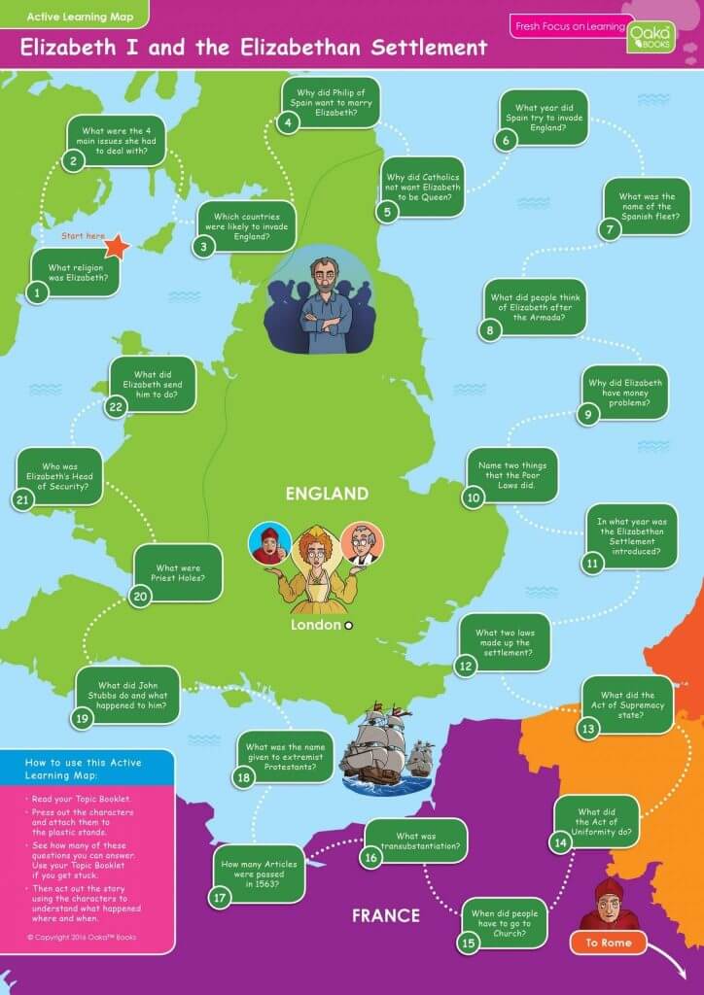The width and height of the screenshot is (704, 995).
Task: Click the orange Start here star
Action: [x=117, y=246]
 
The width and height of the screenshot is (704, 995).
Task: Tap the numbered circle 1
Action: [x=37, y=292]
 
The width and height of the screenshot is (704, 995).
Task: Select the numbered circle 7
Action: [x=610, y=229]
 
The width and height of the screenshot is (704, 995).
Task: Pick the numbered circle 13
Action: [x=587, y=728]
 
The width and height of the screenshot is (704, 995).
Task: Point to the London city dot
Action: [x=348, y=625]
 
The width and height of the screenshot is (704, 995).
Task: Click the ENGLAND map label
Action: [x=327, y=494]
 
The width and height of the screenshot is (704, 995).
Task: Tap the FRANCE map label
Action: [x=385, y=915]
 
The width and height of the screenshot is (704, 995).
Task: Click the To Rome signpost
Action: [x=608, y=943]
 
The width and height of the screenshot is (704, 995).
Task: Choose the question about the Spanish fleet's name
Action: [x=647, y=204]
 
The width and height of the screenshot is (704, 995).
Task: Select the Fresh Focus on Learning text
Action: [x=569, y=26]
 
